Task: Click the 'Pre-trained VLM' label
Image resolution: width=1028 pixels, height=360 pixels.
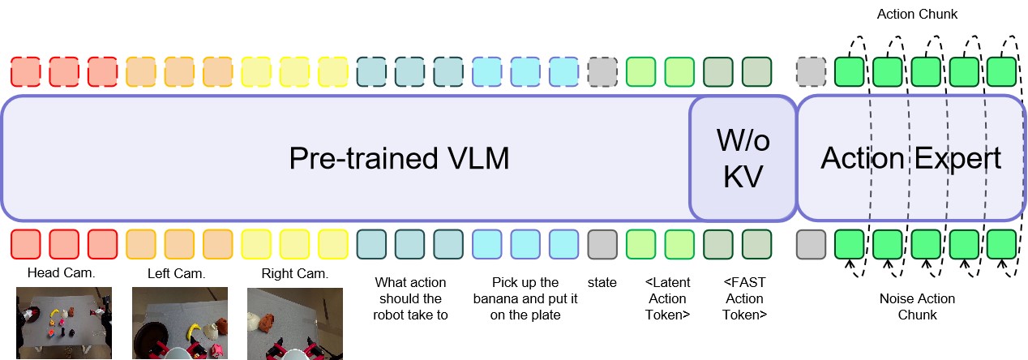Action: point(399,159)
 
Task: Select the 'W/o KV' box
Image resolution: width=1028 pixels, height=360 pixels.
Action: point(743,159)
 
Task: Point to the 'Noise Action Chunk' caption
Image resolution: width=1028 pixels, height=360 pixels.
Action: point(917,306)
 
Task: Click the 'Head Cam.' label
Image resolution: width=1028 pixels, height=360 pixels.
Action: point(62,273)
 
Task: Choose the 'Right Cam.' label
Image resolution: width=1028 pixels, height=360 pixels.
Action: point(294,273)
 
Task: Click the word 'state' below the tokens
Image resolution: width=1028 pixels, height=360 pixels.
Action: point(602,283)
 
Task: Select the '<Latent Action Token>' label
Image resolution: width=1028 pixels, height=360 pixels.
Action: point(667,298)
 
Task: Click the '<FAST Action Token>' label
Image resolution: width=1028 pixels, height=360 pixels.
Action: point(744,298)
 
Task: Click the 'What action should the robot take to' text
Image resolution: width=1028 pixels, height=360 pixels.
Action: point(410,298)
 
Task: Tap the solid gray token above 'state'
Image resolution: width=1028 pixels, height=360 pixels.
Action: point(602,243)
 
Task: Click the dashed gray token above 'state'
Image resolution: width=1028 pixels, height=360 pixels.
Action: point(602,71)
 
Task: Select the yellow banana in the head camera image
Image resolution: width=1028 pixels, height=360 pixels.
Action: point(55,312)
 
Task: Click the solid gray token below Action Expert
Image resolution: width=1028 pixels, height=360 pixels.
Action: point(811,243)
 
